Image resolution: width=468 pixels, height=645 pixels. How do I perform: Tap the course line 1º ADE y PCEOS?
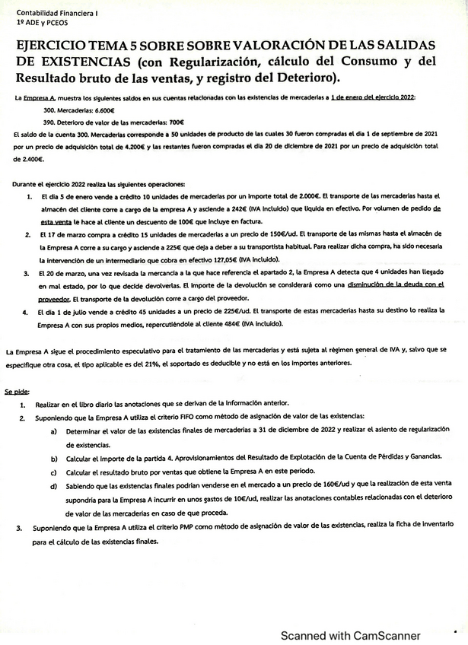tap(43, 24)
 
